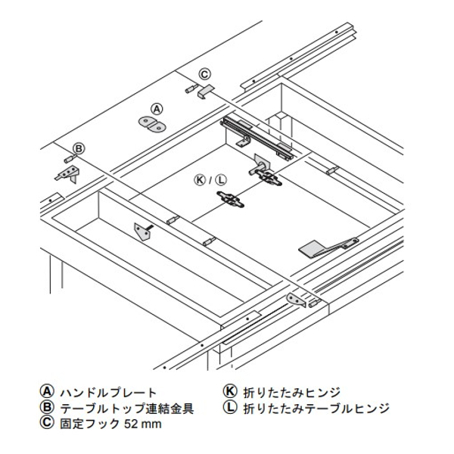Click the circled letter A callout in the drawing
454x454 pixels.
tap(157, 110)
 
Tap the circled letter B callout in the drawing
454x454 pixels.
tap(79, 149)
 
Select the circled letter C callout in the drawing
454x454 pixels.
tap(205, 74)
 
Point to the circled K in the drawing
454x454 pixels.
tap(200, 180)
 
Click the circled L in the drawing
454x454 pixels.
tap(221, 180)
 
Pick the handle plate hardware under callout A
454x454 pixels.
tap(151, 125)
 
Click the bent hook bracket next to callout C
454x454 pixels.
tap(205, 92)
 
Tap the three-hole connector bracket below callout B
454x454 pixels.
tap(68, 175)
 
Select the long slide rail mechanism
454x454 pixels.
tap(257, 138)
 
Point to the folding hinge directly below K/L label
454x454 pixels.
tap(231, 200)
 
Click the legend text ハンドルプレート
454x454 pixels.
tap(108, 393)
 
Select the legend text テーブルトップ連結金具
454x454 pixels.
tap(127, 409)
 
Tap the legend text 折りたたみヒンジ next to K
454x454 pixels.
tap(291, 393)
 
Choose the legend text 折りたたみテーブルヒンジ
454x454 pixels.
tap(316, 409)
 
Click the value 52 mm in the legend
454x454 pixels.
tap(143, 424)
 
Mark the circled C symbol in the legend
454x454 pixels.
tap(47, 423)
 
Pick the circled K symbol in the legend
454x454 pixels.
tap(230, 391)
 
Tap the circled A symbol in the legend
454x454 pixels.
tap(47, 392)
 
